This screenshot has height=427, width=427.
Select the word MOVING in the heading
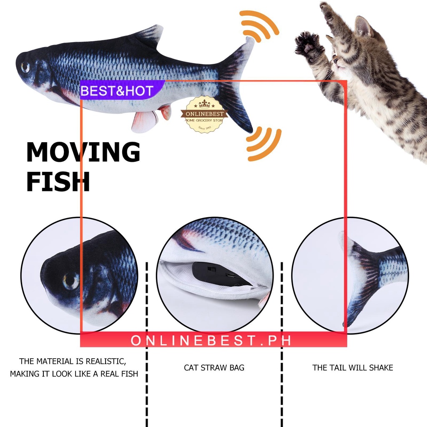[83, 153]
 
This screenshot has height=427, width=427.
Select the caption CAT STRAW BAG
[214, 368]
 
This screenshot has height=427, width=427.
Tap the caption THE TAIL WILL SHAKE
[353, 368]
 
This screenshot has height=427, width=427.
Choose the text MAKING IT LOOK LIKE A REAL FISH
[74, 374]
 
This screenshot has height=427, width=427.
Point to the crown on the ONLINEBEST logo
[204, 103]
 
